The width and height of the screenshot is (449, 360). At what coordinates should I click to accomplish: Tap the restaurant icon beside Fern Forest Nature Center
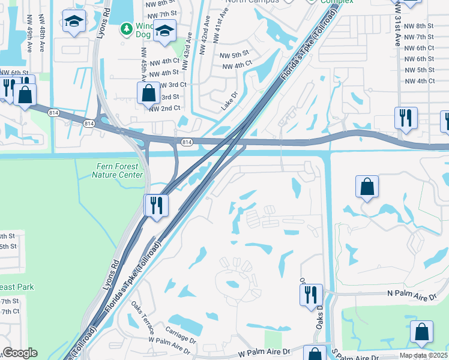coord(155,205)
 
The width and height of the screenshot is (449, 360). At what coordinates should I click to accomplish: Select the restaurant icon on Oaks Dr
coord(311,295)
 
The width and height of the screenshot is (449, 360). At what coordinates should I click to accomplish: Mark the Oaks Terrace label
coord(143,317)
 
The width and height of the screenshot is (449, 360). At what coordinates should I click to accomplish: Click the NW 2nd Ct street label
coord(164,108)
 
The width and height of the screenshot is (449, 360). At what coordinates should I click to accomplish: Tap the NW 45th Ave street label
coord(145,64)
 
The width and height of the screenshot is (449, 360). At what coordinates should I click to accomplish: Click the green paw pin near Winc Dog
coord(126,28)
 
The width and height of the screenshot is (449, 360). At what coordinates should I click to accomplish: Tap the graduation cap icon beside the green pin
coord(163,31)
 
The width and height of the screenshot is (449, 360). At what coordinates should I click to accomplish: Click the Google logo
coord(20,353)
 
